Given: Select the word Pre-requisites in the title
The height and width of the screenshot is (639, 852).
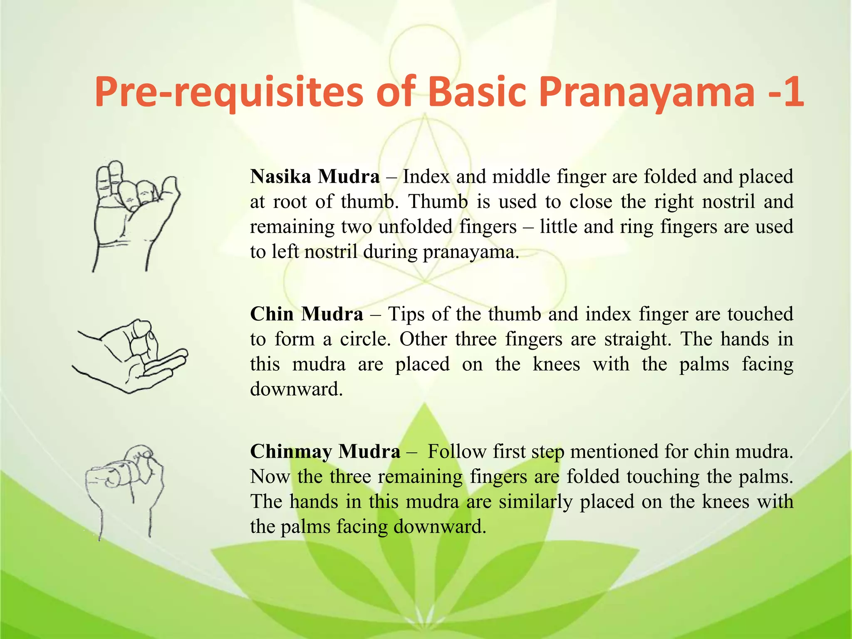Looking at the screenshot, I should pos(229,92).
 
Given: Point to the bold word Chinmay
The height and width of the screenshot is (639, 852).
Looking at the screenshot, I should pos(291,451).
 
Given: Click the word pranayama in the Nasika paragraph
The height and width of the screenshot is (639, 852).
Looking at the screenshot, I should pos(470,252).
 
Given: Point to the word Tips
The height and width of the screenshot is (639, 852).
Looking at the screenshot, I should pos(406,314).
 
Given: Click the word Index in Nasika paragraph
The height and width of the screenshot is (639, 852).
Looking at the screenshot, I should pos(426,176).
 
